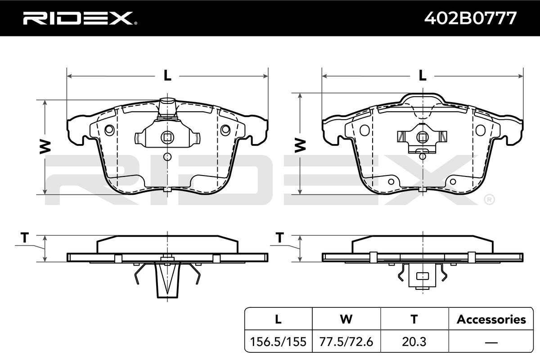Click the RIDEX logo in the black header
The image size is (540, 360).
[80, 18]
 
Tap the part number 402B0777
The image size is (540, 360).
[470, 18]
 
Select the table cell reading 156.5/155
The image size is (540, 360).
[278, 342]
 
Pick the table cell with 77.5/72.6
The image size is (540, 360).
[346, 342]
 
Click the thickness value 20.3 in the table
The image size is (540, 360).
[414, 342]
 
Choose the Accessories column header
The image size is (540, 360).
[491, 319]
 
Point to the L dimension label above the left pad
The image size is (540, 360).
[167, 75]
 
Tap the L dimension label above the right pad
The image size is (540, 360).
[423, 75]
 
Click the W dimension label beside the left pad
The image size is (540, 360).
[45, 147]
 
